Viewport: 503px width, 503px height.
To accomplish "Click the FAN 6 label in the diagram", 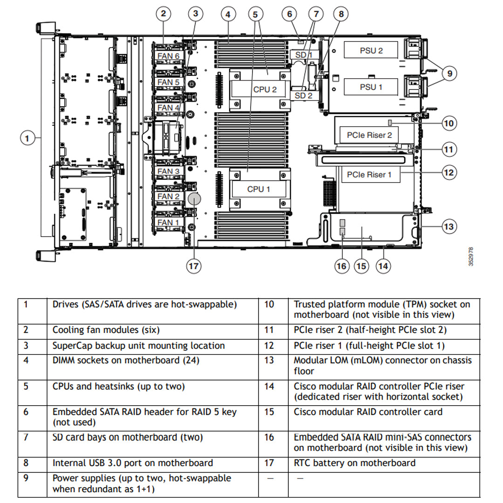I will coord(169,56).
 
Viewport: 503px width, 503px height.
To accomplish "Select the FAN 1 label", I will coord(168,223).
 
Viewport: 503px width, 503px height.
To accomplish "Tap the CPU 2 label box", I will coord(265,89).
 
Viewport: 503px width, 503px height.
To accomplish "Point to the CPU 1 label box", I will coord(258,189).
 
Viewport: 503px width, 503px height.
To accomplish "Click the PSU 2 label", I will coord(371,50).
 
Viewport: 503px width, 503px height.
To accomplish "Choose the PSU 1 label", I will coord(371,87).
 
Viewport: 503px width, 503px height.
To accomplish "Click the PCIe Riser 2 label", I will coord(369,135).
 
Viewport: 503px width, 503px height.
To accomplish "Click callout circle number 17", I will coord(194,266).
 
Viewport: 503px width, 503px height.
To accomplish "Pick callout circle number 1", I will coord(27,138).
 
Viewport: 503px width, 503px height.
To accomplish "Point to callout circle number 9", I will coord(450,73).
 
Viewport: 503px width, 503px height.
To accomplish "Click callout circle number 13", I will coord(448,227).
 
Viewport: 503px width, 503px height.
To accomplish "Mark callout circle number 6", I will coord(289,14).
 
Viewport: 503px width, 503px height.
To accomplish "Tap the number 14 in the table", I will coord(269,386).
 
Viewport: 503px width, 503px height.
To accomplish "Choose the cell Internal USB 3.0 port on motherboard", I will coord(132,463).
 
